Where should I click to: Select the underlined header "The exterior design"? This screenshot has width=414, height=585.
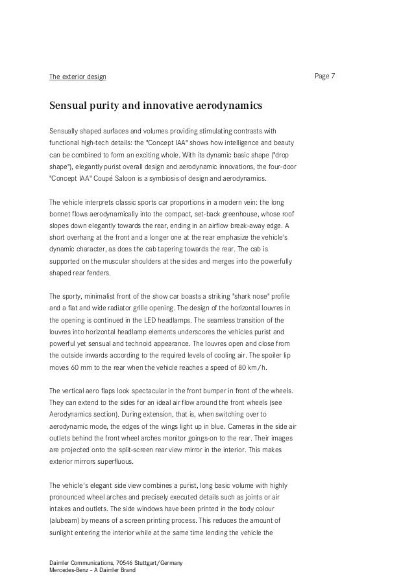click(78, 78)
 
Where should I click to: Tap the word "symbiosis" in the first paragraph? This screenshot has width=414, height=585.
click(186, 178)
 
